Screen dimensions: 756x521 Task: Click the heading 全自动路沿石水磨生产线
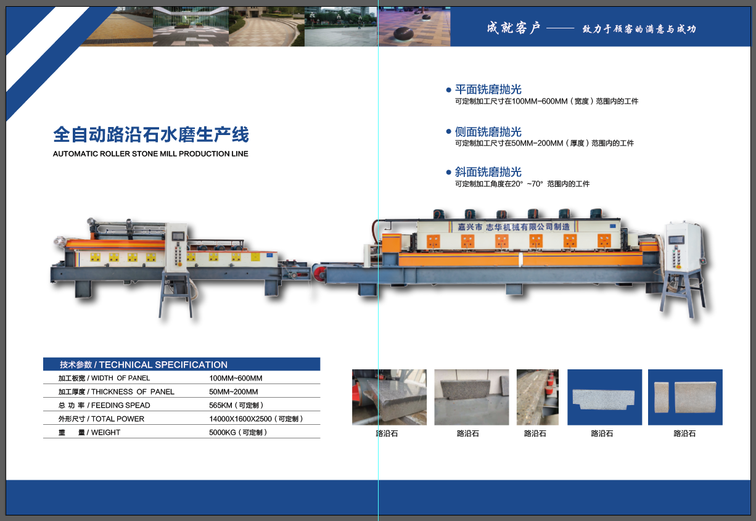point(151,134)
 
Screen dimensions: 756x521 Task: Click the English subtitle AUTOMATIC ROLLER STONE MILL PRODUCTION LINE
point(150,154)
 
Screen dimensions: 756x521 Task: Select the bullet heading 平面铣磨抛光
point(488,89)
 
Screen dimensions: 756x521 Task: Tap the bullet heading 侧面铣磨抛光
point(488,131)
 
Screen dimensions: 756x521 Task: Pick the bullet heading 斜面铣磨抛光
point(488,172)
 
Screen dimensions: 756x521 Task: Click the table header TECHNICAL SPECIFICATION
point(163,365)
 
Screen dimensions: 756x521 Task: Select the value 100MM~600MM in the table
point(236,379)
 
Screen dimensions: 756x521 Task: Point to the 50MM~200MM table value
point(234,392)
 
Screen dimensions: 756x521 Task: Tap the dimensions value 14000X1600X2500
point(240,419)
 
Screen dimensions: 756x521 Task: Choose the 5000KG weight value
point(223,432)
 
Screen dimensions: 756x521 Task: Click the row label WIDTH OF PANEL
point(120,379)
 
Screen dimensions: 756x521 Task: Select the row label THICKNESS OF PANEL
point(133,392)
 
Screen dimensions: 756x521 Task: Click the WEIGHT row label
point(105,432)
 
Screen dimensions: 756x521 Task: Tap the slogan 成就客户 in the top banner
point(513,28)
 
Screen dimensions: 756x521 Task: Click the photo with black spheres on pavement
point(414,27)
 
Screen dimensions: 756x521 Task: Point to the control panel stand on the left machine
point(177,270)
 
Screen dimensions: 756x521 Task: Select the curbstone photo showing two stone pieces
point(685,397)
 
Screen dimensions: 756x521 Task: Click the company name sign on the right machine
point(513,227)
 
